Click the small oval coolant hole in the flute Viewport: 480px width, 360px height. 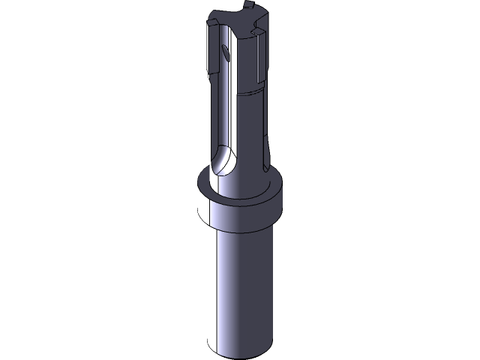(x=225, y=52)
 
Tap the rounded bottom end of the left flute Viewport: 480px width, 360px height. (x=222, y=163)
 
